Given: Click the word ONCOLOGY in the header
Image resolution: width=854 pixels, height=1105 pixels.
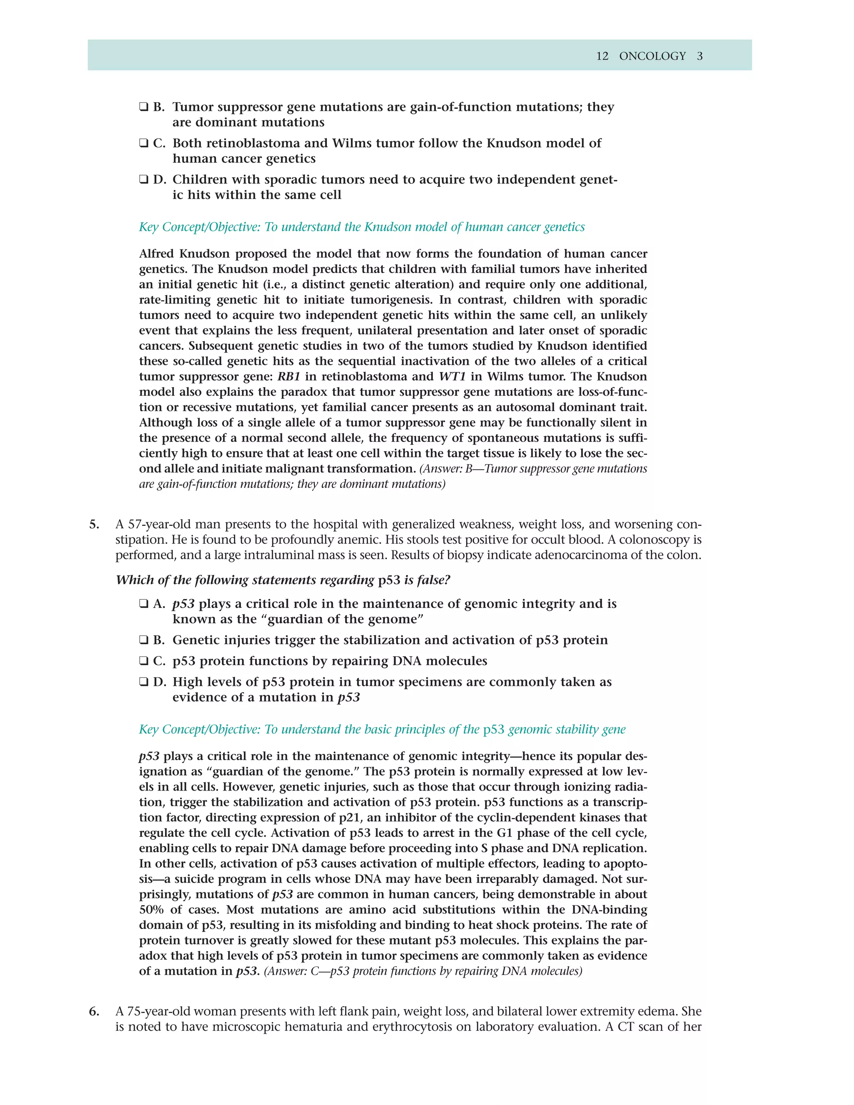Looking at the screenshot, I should pyautogui.click(x=652, y=56).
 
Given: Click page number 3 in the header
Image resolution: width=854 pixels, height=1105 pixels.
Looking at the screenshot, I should pyautogui.click(x=700, y=56).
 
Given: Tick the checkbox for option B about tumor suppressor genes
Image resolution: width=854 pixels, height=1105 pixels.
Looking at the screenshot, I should pyautogui.click(x=144, y=107).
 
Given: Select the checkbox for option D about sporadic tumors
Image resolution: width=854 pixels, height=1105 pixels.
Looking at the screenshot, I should pyautogui.click(x=144, y=180).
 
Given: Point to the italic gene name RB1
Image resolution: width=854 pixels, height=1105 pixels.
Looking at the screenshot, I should pyautogui.click(x=289, y=377).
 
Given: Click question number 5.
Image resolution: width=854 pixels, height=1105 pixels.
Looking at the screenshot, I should pyautogui.click(x=94, y=524).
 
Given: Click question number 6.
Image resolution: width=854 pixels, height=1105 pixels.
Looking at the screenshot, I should pyautogui.click(x=94, y=1012).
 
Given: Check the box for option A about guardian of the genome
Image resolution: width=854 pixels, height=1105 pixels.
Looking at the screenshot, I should pyautogui.click(x=144, y=604).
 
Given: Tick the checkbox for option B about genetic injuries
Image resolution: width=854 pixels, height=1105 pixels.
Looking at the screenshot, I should pyautogui.click(x=144, y=640).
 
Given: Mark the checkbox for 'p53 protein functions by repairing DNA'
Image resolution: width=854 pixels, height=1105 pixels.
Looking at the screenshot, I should pyautogui.click(x=144, y=661).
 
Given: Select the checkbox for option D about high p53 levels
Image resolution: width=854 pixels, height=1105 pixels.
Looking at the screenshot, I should pyautogui.click(x=144, y=682).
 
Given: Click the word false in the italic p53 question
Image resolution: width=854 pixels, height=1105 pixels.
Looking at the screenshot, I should pyautogui.click(x=433, y=580).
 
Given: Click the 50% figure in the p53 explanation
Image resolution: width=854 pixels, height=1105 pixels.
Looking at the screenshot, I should pyautogui.click(x=151, y=910).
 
